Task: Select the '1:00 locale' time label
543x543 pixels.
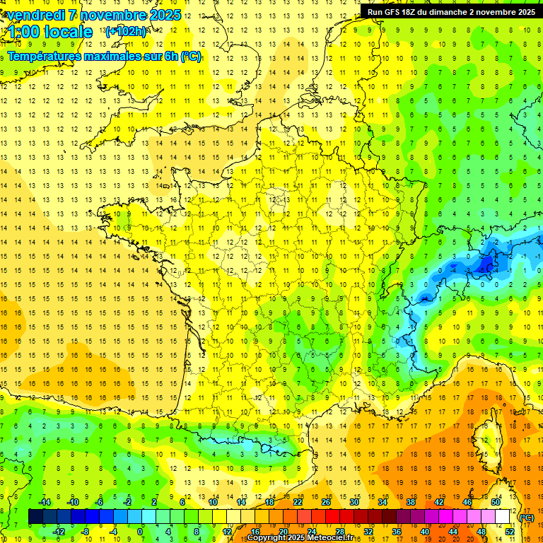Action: coord(50,32)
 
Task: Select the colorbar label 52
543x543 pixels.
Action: coord(510,532)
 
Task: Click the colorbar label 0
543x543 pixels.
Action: coord(140,532)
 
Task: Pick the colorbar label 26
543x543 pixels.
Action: coord(326,502)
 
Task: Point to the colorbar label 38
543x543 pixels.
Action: coord(411,502)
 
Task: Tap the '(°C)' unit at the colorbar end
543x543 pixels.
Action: coord(527,517)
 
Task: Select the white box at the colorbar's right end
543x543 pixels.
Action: coord(502,517)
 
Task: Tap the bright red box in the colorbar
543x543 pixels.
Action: coord(332,517)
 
